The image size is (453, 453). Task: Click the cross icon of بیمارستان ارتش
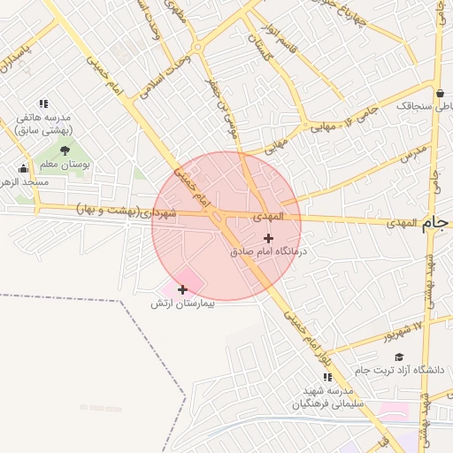point(182,289)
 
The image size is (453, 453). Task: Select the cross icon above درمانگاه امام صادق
point(269,238)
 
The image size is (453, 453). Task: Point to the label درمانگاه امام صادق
point(268,252)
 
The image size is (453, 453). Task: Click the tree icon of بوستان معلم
point(65,150)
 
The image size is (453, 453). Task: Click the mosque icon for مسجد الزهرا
point(23,168)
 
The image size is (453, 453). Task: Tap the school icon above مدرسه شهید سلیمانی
point(328,377)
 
